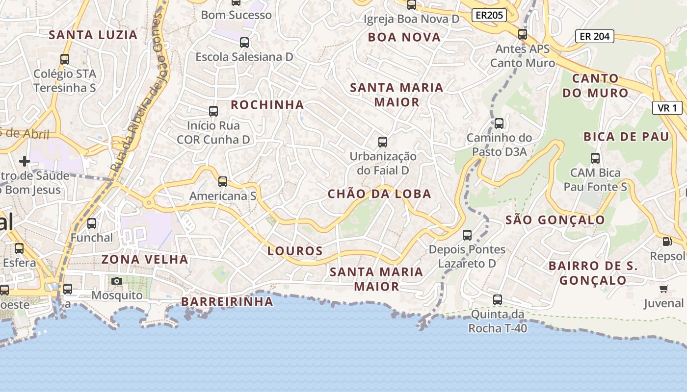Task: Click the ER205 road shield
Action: [489, 15]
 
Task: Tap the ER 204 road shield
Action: [594, 36]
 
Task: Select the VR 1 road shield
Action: [667, 108]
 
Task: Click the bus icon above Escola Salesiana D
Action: [244, 43]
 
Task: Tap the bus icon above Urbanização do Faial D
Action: [383, 142]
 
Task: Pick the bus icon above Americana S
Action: [223, 182]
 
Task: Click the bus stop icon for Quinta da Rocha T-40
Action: [498, 299]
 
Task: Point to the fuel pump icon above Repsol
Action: [667, 241]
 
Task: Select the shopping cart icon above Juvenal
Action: [664, 289]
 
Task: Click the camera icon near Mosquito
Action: [116, 281]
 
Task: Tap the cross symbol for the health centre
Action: [24, 161]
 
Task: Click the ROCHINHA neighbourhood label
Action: [267, 105]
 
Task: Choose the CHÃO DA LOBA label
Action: [379, 194]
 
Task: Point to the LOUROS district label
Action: [295, 251]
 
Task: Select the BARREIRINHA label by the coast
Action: [227, 302]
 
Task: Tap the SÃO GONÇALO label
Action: [555, 220]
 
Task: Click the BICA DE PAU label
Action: [626, 137]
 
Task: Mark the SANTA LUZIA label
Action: [93, 35]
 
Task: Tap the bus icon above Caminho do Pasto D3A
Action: [499, 123]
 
